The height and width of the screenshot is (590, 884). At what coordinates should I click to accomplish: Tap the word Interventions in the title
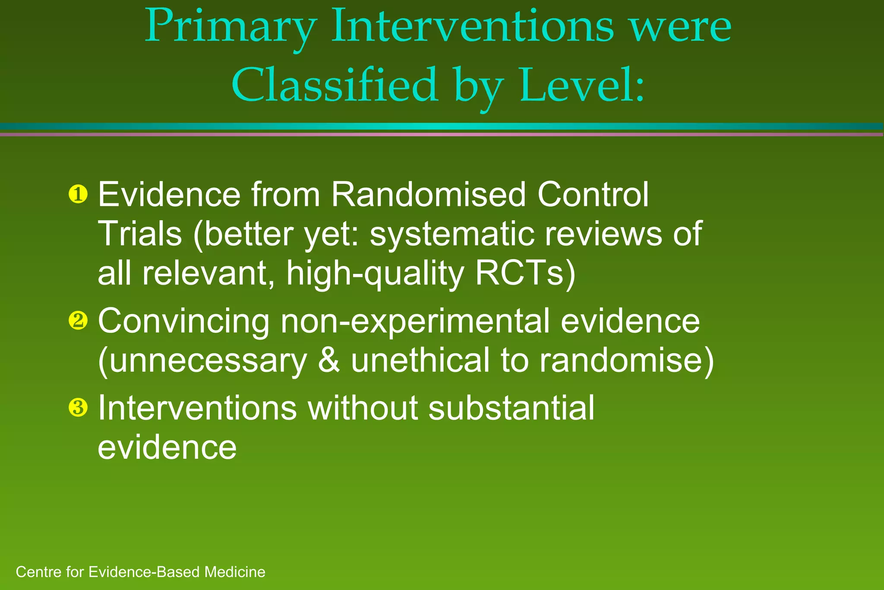point(472,27)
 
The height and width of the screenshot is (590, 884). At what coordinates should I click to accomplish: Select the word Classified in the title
point(335,86)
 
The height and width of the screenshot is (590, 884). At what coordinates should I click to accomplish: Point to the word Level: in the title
point(582,86)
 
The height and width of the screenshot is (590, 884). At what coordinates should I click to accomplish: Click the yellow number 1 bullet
point(78,194)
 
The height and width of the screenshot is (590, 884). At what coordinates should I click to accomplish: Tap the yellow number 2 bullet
point(78,321)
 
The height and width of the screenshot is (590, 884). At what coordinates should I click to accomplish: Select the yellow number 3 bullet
point(78,407)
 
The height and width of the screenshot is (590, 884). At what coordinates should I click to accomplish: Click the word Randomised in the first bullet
point(429,194)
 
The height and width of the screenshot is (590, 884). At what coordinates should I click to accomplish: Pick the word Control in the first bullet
point(593,194)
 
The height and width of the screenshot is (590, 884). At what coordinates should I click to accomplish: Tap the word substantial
point(511,407)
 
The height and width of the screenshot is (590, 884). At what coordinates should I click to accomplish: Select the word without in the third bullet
point(363,407)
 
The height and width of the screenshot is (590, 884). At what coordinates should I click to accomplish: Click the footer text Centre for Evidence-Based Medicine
point(140,572)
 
